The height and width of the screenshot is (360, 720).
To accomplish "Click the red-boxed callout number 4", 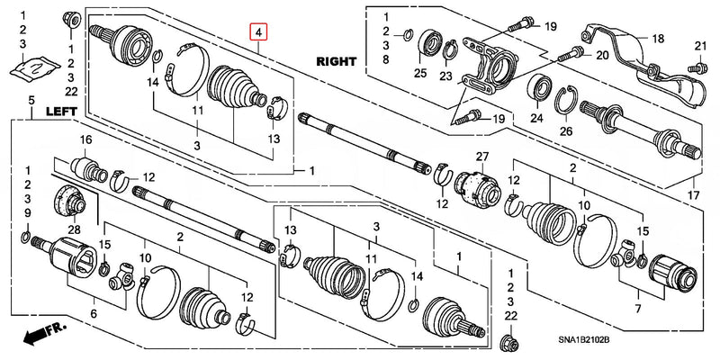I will point(259,34).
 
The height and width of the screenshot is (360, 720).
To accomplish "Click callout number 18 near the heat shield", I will point(658,38).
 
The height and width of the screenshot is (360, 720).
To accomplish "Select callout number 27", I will point(481,158).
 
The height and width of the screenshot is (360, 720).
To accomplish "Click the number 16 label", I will point(86,139).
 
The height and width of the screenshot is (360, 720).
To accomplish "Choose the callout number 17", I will point(691,194).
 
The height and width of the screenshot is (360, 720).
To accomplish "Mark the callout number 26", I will point(565,132).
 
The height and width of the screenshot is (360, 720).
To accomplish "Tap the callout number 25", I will point(420,72).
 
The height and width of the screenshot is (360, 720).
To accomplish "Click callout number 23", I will point(445,76).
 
